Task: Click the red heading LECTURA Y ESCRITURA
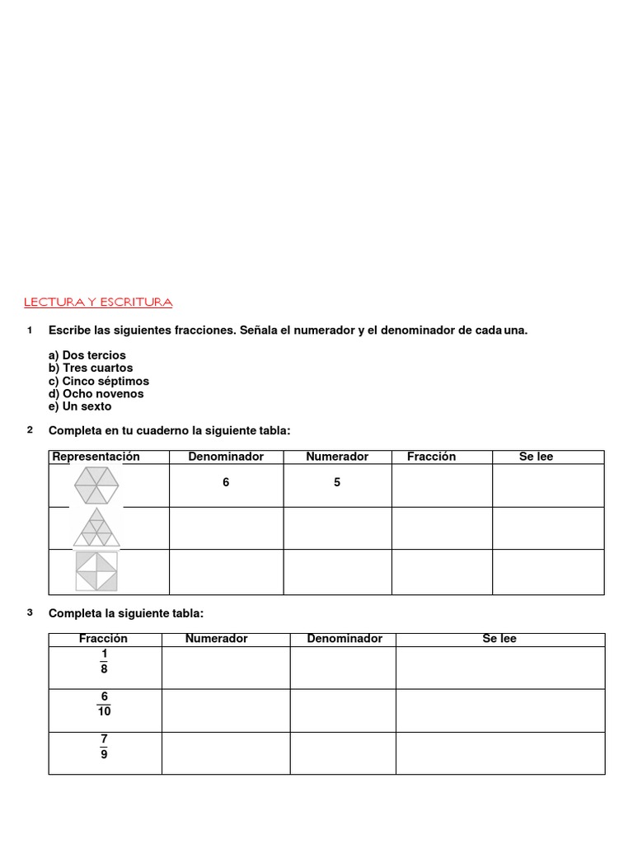(98, 302)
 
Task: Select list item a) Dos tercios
(87, 355)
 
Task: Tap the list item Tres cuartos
(91, 368)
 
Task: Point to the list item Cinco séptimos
(99, 381)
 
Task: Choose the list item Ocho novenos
(96, 393)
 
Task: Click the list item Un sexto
(80, 406)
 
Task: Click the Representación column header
(96, 457)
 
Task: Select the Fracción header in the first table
(431, 457)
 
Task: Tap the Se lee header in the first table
(536, 457)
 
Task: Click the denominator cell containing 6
(226, 483)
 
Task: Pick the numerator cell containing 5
(337, 483)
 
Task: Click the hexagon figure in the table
(96, 485)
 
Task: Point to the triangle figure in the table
(96, 528)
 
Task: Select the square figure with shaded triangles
(96, 571)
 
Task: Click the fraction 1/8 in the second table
(104, 662)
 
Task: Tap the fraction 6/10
(105, 704)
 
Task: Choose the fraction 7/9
(104, 747)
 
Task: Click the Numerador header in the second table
(216, 639)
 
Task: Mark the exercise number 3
(30, 612)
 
